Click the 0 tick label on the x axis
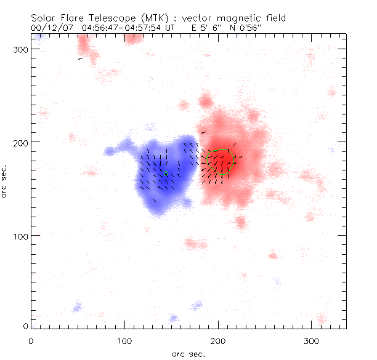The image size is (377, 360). point(31,340)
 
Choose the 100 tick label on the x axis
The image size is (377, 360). point(124,340)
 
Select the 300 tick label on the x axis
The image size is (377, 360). point(311,340)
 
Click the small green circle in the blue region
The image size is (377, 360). point(166,174)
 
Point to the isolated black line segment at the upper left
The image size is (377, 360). point(80,59)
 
